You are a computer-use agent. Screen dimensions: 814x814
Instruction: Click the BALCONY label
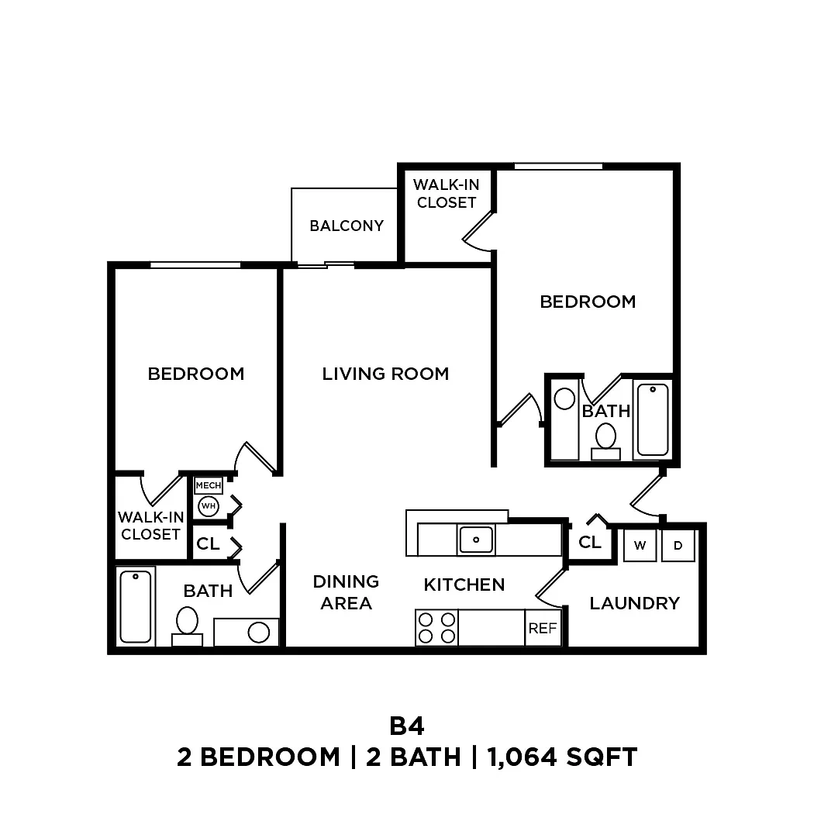coord(347,226)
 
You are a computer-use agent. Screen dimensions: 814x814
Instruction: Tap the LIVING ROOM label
coord(385,374)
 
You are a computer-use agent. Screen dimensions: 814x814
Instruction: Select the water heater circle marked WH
coord(209,506)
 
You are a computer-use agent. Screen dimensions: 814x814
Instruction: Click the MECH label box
coord(209,485)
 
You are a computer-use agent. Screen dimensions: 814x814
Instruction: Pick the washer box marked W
coord(640,545)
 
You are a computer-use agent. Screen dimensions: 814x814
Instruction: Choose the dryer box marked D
coord(678,545)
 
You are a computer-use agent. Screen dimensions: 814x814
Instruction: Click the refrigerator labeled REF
coord(543,628)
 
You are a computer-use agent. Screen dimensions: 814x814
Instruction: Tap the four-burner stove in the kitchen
coord(436,628)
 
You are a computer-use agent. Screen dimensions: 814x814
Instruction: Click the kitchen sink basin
coord(476,540)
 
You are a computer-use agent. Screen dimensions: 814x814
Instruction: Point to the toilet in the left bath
coord(187,626)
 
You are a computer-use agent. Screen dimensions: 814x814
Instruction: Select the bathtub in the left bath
coord(136,606)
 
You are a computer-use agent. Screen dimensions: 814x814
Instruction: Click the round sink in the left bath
coord(258,633)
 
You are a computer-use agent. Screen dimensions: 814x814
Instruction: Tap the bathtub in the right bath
coord(653,420)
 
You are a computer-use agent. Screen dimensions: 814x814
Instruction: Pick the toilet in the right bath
coord(605,442)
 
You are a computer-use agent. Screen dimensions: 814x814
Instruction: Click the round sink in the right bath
coord(565,399)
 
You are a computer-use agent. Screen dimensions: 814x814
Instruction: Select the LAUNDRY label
coord(634,603)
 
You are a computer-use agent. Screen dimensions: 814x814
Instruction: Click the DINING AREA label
coord(346,592)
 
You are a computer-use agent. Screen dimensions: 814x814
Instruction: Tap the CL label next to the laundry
coord(590,543)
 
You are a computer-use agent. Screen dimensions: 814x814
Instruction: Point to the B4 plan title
coord(407,726)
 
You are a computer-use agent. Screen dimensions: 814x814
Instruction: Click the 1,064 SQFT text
coord(562,757)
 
